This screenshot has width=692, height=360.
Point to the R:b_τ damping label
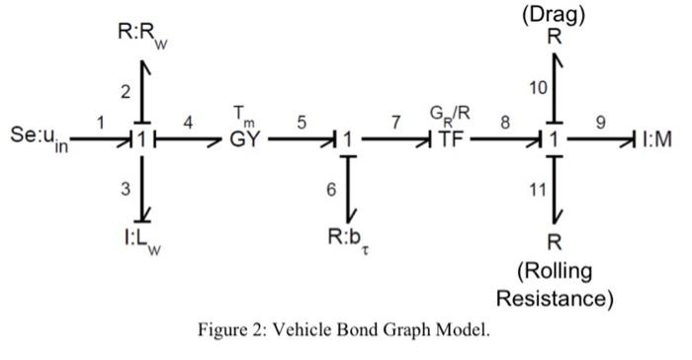coord(350,240)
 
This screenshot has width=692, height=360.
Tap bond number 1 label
coord(100,122)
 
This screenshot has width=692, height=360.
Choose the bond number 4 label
coord(188,122)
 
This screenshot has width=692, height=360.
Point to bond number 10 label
coord(538,89)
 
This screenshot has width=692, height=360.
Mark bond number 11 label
coord(538,191)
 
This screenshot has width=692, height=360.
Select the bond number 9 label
coord(600,122)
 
